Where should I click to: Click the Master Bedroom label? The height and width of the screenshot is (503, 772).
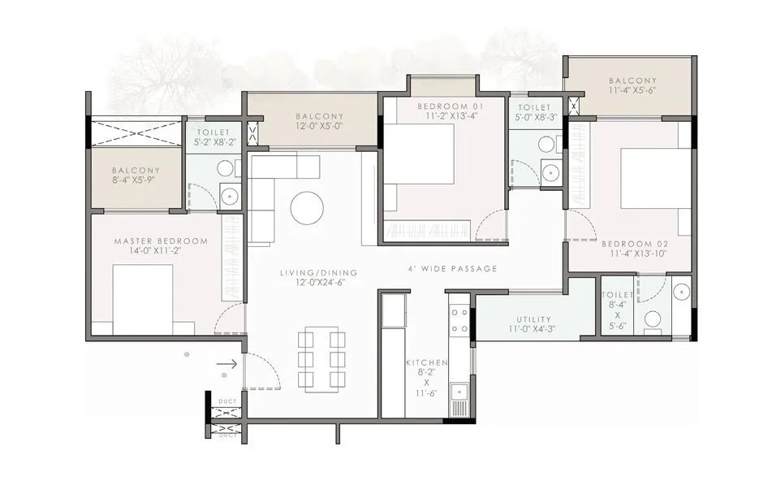(x=161, y=246)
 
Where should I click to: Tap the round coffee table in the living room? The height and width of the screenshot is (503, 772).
(x=307, y=207)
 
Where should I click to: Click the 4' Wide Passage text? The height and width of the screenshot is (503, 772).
(x=452, y=269)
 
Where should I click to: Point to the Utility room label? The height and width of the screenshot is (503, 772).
(x=533, y=324)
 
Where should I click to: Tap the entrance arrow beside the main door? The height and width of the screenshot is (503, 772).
(x=227, y=364)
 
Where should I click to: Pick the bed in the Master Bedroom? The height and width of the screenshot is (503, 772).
(x=143, y=299)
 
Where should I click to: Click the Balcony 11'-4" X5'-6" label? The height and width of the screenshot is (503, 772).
(x=632, y=86)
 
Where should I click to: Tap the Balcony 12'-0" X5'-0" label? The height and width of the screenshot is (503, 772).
(x=320, y=122)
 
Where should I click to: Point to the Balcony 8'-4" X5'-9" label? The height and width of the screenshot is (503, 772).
(x=136, y=176)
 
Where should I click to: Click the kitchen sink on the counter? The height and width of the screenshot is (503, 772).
(x=459, y=395)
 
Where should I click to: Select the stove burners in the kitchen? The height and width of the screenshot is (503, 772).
(x=459, y=320)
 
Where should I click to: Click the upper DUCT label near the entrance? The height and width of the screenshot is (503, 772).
(x=227, y=401)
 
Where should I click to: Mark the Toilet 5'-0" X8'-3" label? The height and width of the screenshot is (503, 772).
(x=535, y=112)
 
